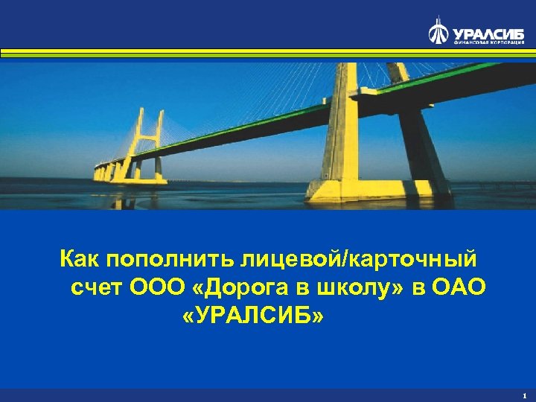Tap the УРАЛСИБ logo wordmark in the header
(x=487, y=32)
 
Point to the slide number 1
(x=524, y=395)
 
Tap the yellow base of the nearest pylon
(x=342, y=189)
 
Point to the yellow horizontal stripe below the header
(x=268, y=52)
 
